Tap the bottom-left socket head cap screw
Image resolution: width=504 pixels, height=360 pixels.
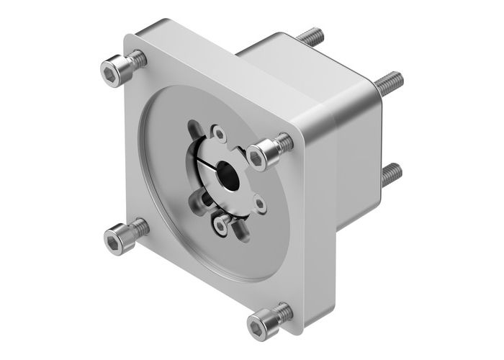coord(123,238)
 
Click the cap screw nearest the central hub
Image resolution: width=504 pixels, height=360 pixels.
coord(267,150)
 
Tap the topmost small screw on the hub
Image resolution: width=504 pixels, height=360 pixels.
coord(220,133)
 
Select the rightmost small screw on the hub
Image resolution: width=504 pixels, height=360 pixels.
coord(260,204)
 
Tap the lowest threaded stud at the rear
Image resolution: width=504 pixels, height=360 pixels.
coord(391,173)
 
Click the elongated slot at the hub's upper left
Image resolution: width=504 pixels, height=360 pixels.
coord(194,131)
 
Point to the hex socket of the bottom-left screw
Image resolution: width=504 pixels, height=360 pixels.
coord(114,242)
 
